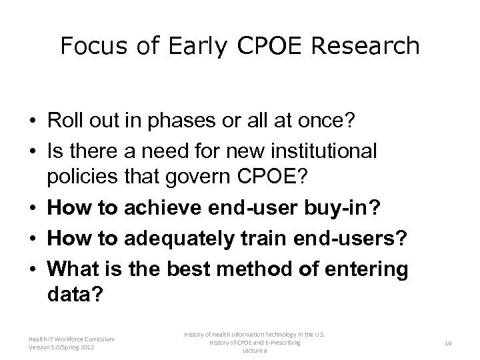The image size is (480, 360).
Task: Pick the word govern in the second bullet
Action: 203,177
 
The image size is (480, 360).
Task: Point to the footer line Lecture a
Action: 255,351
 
